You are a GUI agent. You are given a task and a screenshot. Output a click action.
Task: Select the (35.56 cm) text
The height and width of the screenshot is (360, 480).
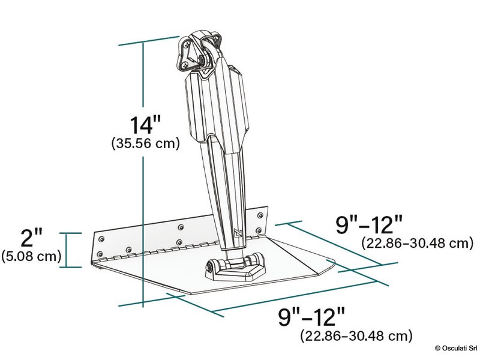point(146,144)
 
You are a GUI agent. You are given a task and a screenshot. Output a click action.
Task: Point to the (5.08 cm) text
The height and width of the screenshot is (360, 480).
point(32,257)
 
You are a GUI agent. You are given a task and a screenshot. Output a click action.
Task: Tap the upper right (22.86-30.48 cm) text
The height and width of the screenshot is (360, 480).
point(415,243)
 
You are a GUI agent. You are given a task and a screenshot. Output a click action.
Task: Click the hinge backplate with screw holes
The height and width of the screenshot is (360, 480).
point(180,234)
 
